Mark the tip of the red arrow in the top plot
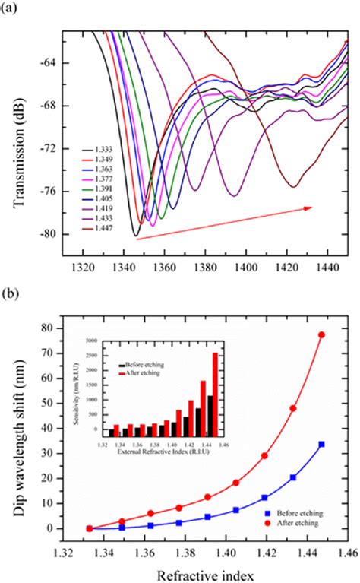click(311, 205)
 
